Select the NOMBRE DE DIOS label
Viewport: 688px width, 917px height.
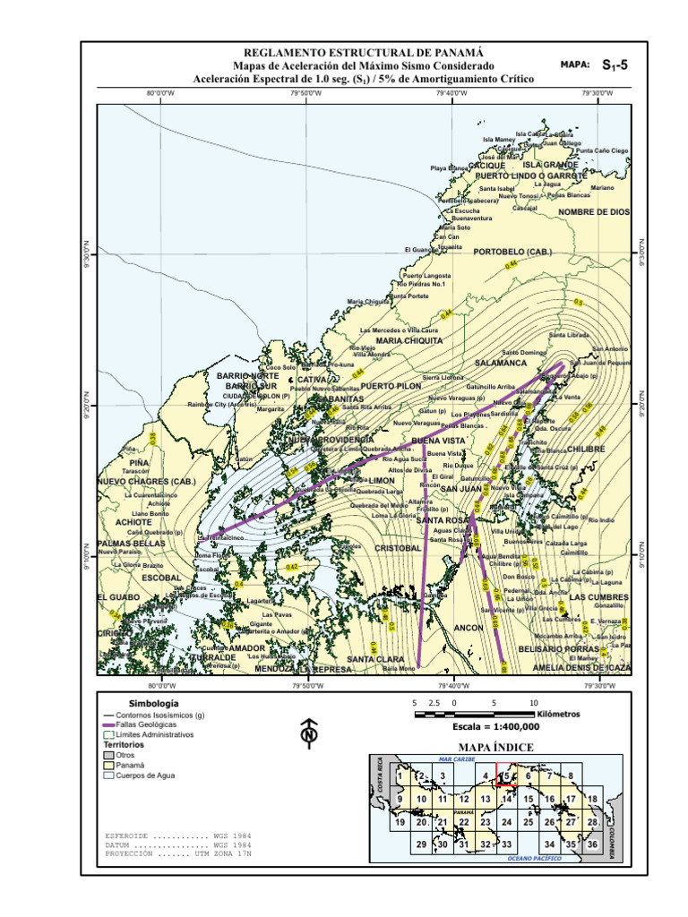click(x=594, y=212)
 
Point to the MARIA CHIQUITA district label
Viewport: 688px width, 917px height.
click(x=409, y=340)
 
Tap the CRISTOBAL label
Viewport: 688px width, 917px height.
click(x=397, y=547)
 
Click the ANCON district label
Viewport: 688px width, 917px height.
click(x=468, y=628)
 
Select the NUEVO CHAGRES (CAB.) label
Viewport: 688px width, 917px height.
click(x=146, y=483)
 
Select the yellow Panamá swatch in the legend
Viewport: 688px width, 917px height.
click(x=109, y=766)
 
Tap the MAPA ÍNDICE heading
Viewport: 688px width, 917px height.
click(x=495, y=747)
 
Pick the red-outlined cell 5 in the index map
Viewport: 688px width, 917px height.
click(x=507, y=776)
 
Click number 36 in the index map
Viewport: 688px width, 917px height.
click(x=592, y=844)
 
